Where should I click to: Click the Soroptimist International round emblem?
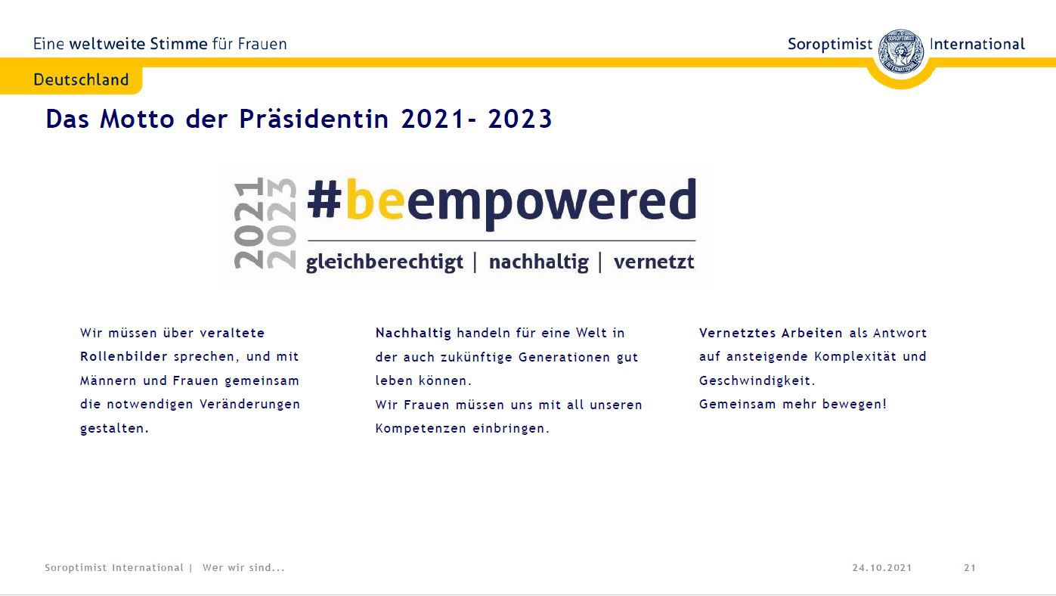901,51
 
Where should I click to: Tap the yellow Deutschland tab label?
81,79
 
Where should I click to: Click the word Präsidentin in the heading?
314,118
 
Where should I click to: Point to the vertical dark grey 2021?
249,224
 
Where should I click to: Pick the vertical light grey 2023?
281,224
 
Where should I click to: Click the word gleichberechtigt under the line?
385,262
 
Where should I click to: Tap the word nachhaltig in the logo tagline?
539,262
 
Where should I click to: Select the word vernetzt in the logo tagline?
654,262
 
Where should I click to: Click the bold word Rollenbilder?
124,356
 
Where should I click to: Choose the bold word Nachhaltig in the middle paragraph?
413,333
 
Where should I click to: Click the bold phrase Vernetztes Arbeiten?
771,333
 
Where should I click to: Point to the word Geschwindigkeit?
757,381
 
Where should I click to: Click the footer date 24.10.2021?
882,568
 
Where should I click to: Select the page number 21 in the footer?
970,568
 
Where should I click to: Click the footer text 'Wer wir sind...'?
243,568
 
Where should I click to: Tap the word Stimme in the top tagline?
178,44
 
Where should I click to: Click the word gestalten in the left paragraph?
115,429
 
